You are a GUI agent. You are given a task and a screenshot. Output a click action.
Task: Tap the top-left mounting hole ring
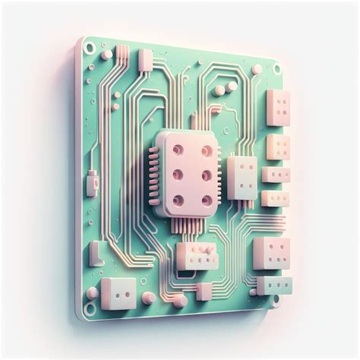(x=90, y=49)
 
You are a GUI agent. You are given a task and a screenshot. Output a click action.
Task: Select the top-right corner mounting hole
(x=277, y=68)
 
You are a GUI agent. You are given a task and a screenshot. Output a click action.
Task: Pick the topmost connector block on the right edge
(x=277, y=107)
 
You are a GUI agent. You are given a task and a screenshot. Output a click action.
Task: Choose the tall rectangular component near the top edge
(x=144, y=60)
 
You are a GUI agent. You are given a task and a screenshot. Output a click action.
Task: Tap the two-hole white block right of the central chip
(x=242, y=177)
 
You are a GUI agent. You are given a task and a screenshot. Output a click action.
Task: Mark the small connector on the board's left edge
(x=92, y=183)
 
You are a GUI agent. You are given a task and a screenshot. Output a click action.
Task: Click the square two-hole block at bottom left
(x=118, y=292)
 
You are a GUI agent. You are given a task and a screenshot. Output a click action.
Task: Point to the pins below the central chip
(x=183, y=226)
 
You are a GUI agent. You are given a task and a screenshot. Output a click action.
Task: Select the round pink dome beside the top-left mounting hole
(x=106, y=54)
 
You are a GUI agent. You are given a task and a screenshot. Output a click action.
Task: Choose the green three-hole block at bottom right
(x=273, y=285)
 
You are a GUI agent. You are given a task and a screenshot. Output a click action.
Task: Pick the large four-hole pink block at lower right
(x=271, y=253)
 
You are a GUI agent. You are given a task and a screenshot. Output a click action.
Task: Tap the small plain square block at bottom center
(x=204, y=291)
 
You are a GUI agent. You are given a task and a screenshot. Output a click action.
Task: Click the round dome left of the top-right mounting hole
(x=257, y=69)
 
